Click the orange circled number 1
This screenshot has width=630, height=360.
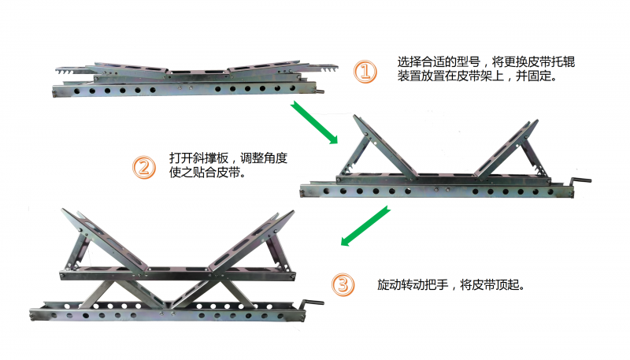[365, 72]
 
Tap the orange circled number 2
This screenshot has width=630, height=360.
[144, 168]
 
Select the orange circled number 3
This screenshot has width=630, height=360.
[343, 285]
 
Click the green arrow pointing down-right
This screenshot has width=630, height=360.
[314, 122]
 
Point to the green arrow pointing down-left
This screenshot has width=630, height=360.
[365, 226]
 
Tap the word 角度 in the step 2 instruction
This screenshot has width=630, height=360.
[276, 158]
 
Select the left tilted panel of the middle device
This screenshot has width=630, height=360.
[385, 147]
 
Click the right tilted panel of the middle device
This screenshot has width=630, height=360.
[506, 148]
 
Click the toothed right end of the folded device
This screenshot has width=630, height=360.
[324, 68]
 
